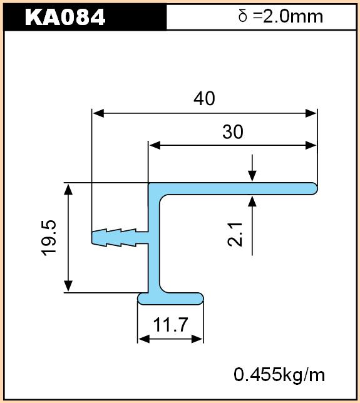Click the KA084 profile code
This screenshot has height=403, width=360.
(65, 18)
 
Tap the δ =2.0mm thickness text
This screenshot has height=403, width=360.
(280, 16)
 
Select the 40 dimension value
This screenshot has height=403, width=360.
(205, 98)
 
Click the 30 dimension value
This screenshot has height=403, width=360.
(233, 132)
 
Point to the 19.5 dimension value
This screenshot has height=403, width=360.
(49, 238)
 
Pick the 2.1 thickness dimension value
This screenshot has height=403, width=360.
(235, 235)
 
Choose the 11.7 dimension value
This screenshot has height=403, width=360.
(170, 325)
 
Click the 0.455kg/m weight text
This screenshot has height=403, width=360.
(279, 374)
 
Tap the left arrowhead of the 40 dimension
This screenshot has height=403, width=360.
(98, 113)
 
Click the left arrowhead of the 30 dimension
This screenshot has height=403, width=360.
(155, 145)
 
